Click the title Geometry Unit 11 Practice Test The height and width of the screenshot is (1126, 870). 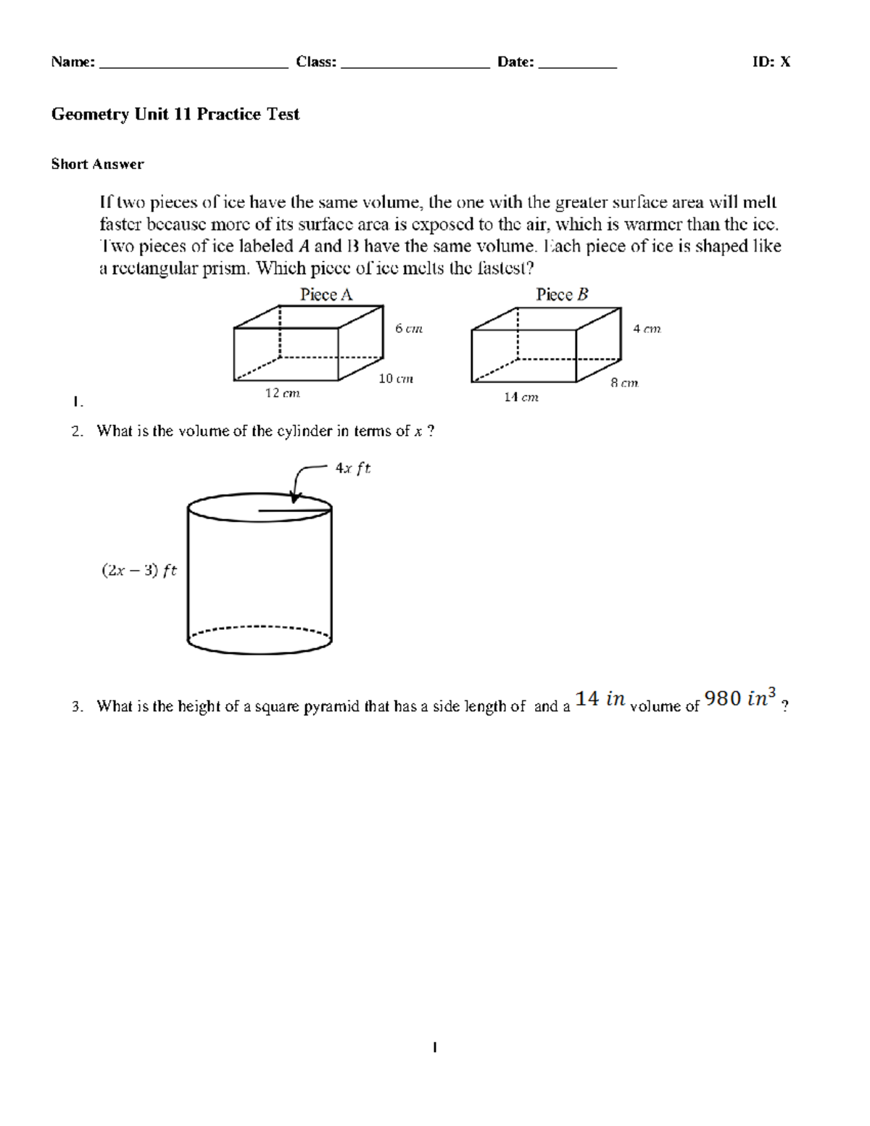click(x=175, y=115)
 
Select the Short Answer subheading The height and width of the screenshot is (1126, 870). click(x=97, y=165)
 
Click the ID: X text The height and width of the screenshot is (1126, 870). click(x=771, y=62)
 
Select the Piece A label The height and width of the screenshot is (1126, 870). click(x=326, y=294)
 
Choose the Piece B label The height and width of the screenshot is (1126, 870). click(x=562, y=294)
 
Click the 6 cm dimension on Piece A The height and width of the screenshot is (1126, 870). click(x=408, y=328)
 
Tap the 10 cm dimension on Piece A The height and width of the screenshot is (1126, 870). click(x=396, y=378)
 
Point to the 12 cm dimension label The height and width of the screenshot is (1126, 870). click(x=282, y=393)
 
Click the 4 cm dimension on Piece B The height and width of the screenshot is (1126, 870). click(x=647, y=328)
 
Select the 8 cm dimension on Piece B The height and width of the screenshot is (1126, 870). click(x=624, y=383)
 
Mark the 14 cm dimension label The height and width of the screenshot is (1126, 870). click(x=521, y=397)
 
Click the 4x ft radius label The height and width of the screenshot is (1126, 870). click(x=352, y=468)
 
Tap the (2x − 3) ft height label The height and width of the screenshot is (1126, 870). click(x=138, y=571)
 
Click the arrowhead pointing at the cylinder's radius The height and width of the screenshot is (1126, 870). click(x=294, y=497)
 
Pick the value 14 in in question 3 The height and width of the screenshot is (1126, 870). click(x=600, y=699)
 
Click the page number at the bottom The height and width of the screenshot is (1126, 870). click(x=434, y=1047)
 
